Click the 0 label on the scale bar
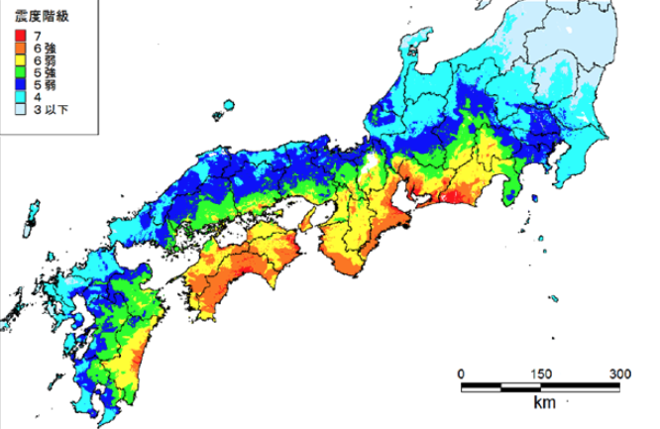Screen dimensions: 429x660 462,374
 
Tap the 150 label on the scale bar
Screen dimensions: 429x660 541,374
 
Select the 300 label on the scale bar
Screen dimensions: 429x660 620,374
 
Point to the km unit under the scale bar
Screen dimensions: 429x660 542,403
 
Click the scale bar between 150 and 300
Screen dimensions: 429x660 581,385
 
